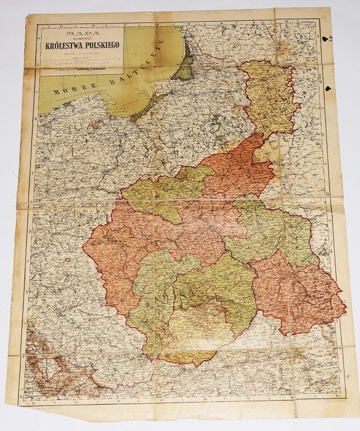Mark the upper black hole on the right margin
[x=327, y=39]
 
